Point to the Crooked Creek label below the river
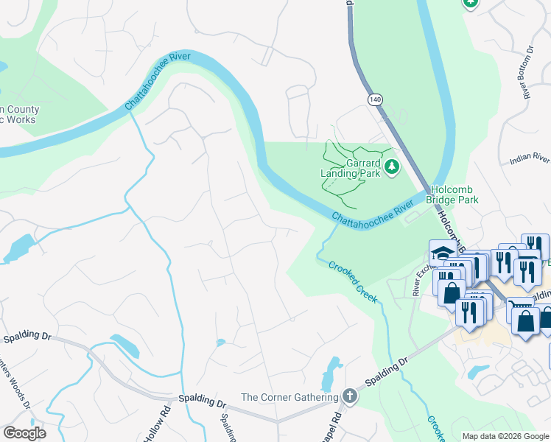[353, 283]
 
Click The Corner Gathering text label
[289, 397]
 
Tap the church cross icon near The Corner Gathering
[349, 397]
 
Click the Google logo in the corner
[24, 433]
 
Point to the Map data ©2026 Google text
[505, 436]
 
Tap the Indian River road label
[530, 158]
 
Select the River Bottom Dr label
[527, 72]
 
